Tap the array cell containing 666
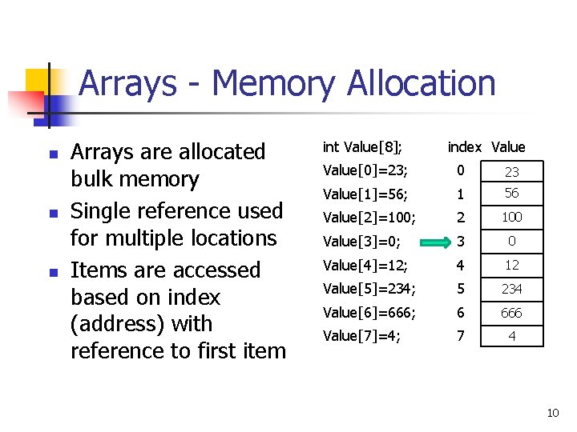tap(512, 313)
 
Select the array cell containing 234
tap(512, 289)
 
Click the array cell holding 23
tap(512, 171)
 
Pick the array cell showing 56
tap(512, 193)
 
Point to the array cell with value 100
tap(512, 217)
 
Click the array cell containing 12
tap(512, 265)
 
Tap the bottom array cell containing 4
tap(512, 336)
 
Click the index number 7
tap(460, 336)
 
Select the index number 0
tap(460, 170)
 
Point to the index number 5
tap(460, 289)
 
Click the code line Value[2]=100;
tap(369, 217)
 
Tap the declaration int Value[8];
tap(362, 146)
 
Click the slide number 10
tap(552, 413)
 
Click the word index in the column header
tap(465, 146)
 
